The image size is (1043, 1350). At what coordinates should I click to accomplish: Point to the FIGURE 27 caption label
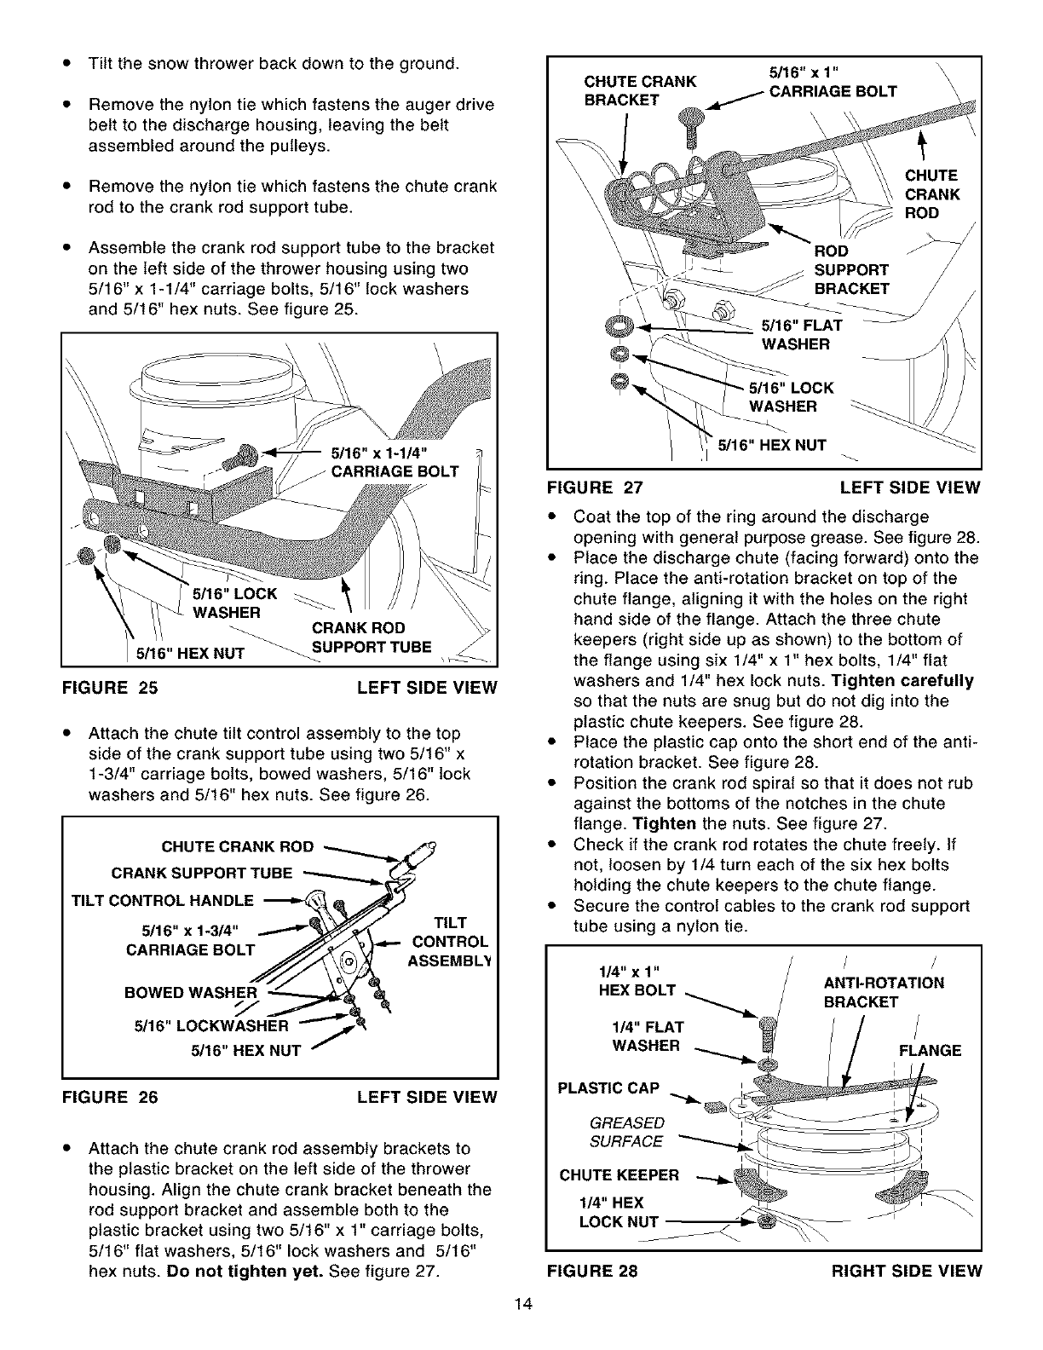(x=595, y=487)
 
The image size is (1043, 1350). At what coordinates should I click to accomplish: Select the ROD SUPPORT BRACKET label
(x=851, y=269)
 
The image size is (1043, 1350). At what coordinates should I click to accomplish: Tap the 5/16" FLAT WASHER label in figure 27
(x=795, y=334)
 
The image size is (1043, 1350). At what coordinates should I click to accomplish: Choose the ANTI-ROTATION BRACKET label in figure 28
(x=884, y=992)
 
